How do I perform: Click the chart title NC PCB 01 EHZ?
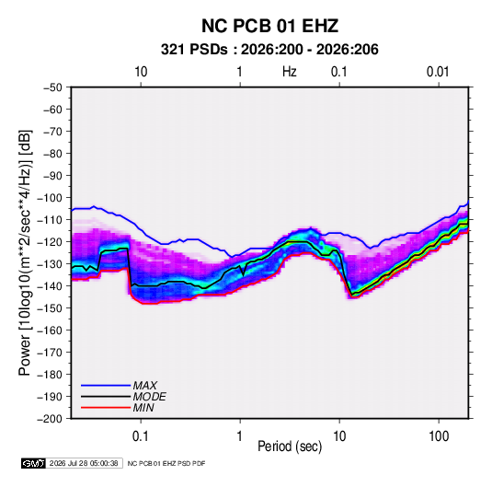click(269, 26)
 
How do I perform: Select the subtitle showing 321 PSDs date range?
click(269, 50)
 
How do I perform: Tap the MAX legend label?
click(144, 385)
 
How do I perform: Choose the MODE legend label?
click(149, 397)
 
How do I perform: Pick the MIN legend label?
click(143, 408)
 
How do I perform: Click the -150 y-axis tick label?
click(50, 308)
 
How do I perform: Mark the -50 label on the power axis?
click(52, 87)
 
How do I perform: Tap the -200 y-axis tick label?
click(50, 419)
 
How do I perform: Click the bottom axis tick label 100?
click(439, 436)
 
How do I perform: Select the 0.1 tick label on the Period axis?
click(141, 436)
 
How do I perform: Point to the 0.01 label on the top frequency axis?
click(438, 72)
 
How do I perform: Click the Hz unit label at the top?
click(290, 72)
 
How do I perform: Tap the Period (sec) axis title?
click(290, 446)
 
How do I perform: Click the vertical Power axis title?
click(25, 252)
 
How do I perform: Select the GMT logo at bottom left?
click(34, 463)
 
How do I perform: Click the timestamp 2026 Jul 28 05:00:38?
click(84, 463)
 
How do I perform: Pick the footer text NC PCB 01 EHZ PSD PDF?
click(166, 463)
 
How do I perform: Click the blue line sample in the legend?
click(106, 385)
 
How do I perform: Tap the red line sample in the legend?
click(106, 408)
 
